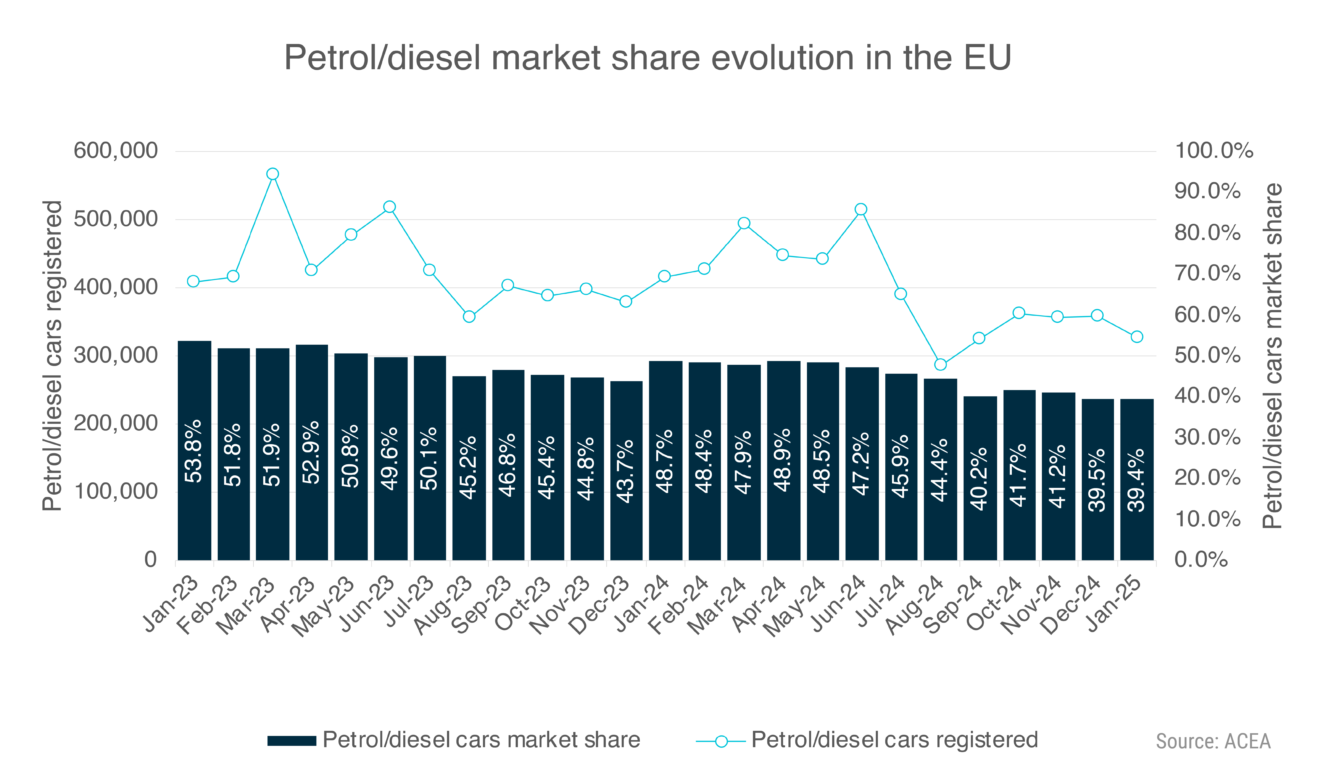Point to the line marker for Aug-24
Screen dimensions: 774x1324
click(941, 364)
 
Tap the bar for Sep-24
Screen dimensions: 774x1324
click(980, 478)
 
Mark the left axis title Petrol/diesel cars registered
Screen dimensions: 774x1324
click(52, 356)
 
